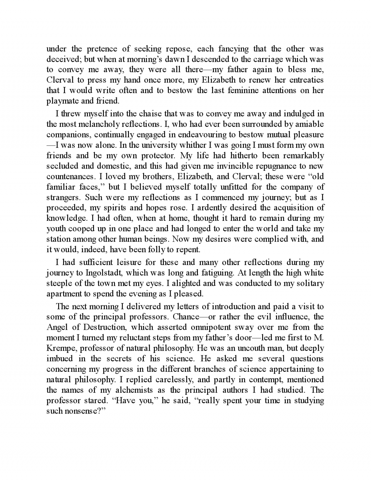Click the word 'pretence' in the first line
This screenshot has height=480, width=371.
coord(102,49)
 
